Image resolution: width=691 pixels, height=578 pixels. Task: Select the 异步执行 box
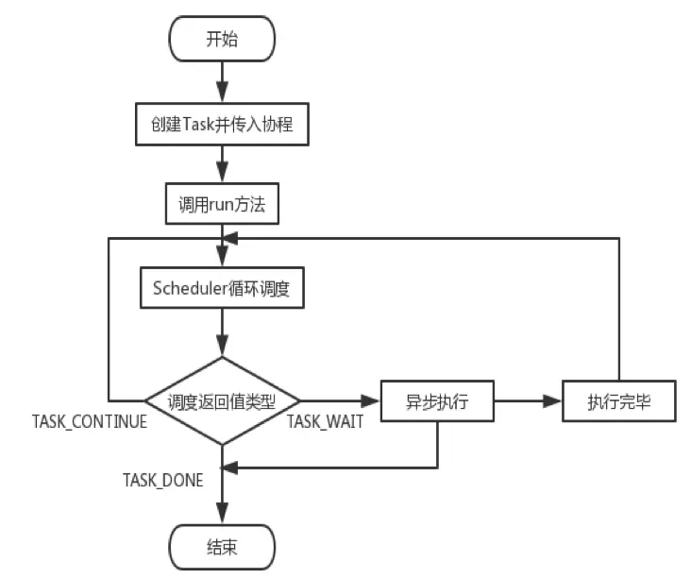click(x=437, y=401)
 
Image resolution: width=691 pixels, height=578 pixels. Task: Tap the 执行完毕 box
click(x=618, y=401)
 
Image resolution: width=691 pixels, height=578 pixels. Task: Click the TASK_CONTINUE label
click(x=90, y=422)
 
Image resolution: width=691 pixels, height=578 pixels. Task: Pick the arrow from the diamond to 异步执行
click(x=340, y=401)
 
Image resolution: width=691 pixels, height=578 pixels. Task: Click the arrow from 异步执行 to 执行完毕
click(x=529, y=401)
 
